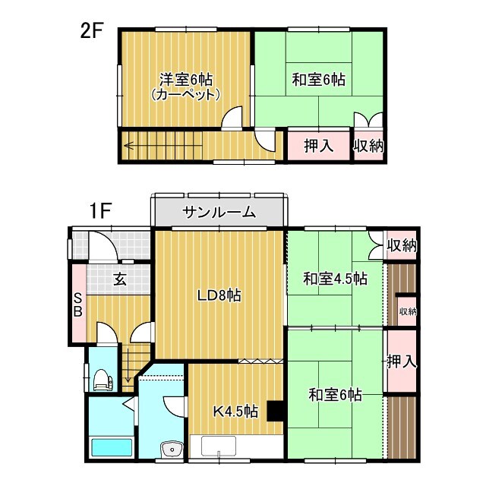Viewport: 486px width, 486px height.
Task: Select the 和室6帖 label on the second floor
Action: (x=319, y=79)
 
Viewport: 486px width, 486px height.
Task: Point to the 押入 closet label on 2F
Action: (x=318, y=145)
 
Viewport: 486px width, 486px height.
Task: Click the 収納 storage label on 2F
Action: (x=369, y=145)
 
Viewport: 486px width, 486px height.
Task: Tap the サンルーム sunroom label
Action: (x=219, y=213)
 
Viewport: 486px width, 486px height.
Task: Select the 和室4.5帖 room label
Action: (x=336, y=279)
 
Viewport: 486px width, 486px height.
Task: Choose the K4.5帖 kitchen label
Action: (x=236, y=412)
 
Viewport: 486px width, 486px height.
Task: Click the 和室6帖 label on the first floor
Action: (x=335, y=395)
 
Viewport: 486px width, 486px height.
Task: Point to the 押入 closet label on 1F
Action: (x=400, y=361)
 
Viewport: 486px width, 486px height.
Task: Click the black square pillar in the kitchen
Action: (x=276, y=410)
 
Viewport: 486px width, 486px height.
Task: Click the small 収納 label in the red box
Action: (x=408, y=311)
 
